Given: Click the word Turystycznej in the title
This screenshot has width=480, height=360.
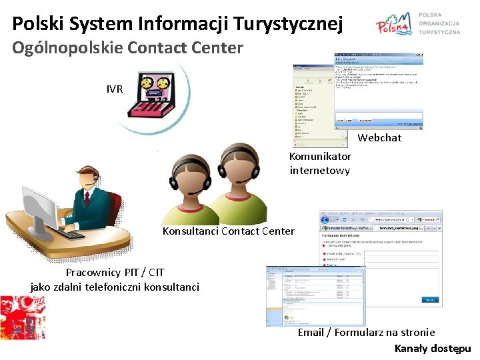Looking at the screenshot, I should tap(289, 24).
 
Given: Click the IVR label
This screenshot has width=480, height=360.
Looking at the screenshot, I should tap(115, 89).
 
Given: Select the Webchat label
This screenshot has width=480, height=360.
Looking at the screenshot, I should tap(380, 137).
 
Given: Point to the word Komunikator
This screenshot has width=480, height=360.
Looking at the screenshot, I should tap(320, 156).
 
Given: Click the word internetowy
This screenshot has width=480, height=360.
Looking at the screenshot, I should tap(320, 170).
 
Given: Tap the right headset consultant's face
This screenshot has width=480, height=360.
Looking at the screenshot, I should tap(240, 167).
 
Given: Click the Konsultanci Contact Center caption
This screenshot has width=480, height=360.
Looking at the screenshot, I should tap(228, 231).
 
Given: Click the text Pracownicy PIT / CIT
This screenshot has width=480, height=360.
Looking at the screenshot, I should tap(115, 272).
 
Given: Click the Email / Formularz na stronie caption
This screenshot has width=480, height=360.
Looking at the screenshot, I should tap(366, 332).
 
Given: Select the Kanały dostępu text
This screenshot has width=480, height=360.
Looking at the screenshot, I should tap(433, 348).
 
